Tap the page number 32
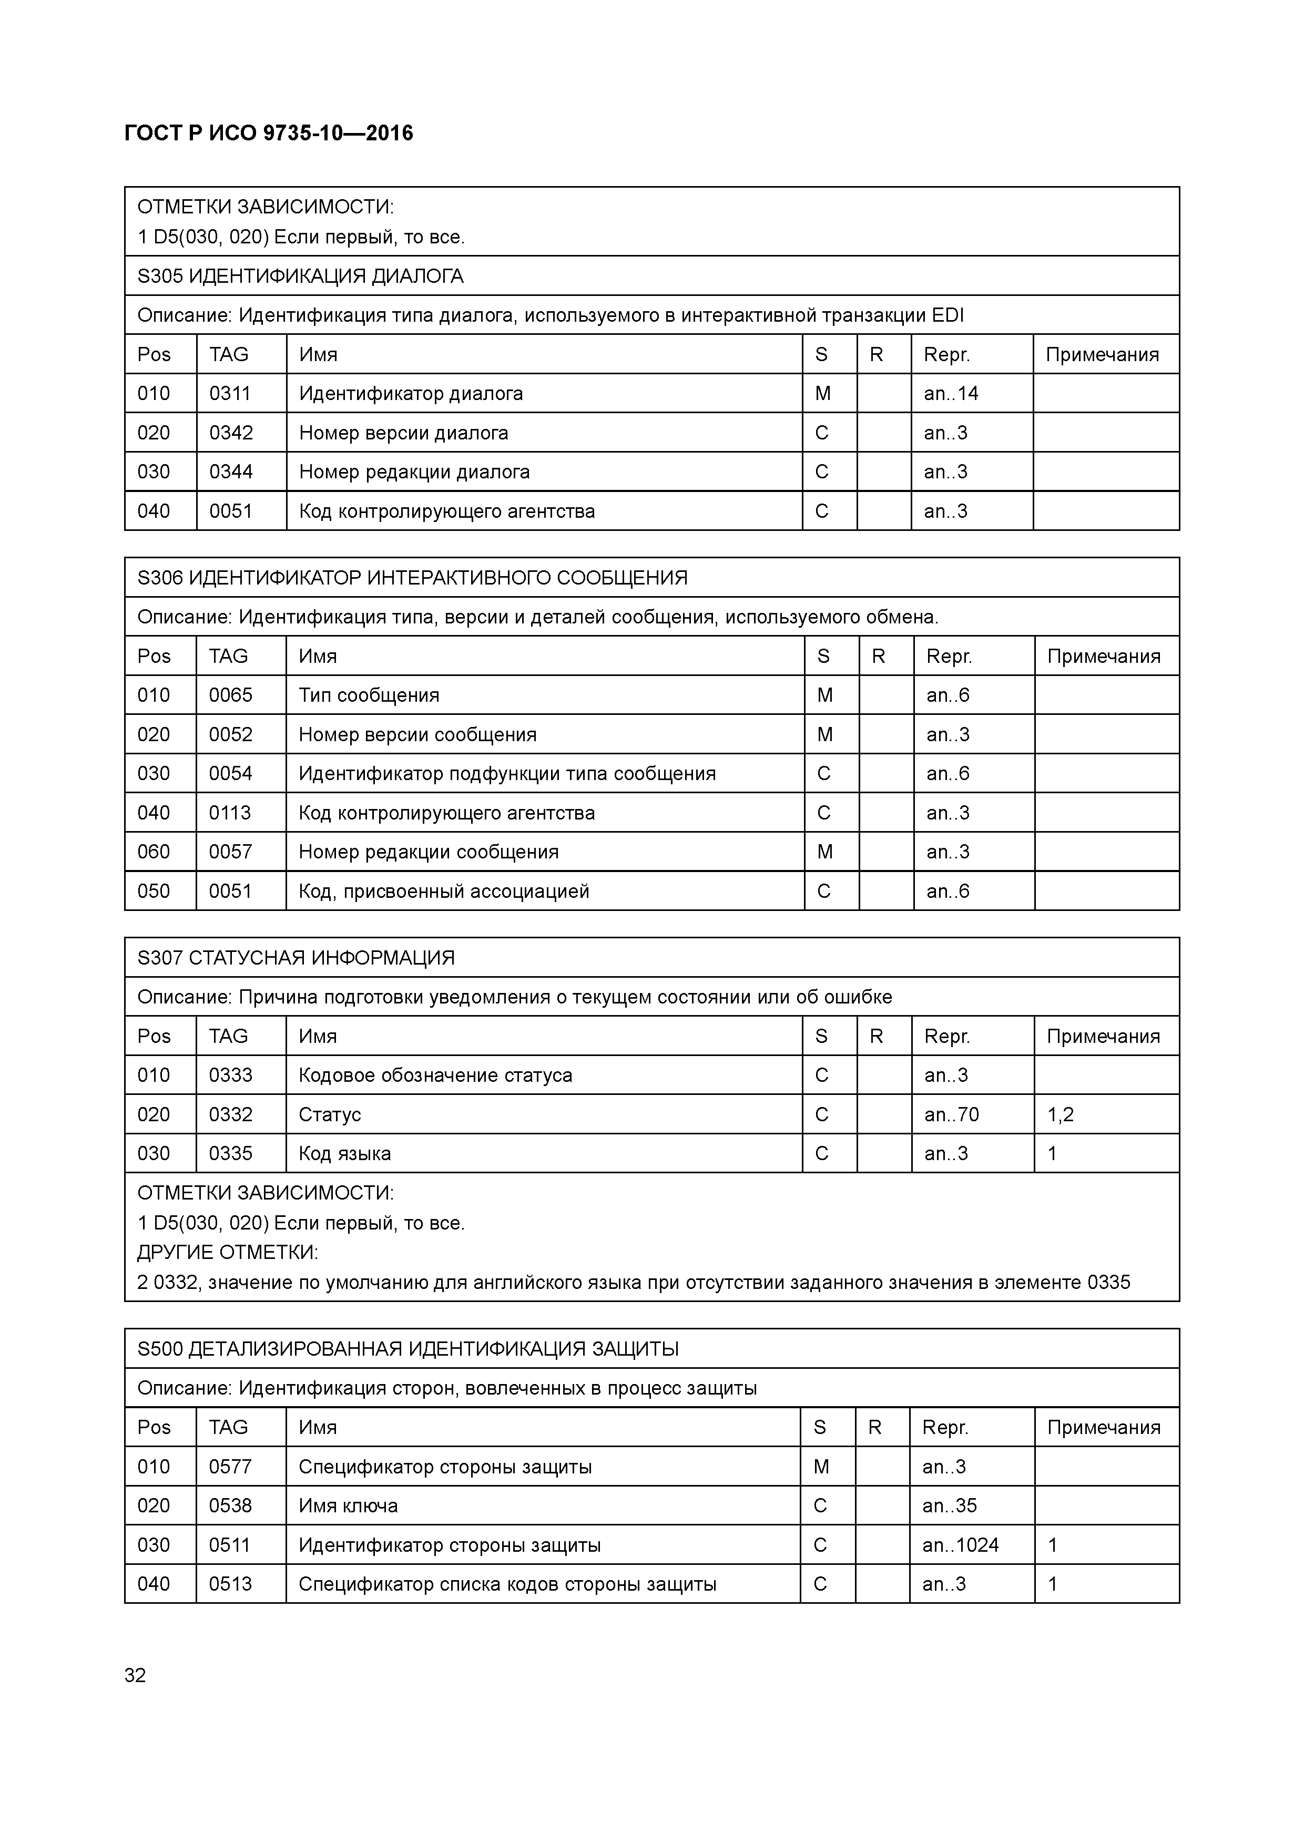pos(135,1675)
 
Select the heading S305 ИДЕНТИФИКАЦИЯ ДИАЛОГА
pos(300,276)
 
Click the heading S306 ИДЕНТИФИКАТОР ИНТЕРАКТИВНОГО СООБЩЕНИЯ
pos(412,578)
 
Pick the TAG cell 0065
pos(231,695)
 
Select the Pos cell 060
pos(154,852)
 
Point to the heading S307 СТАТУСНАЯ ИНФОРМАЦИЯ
pos(296,958)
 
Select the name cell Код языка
pos(345,1154)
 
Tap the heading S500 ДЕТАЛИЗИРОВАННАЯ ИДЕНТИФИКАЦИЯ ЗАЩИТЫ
pos(408,1349)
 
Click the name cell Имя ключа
pos(348,1506)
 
